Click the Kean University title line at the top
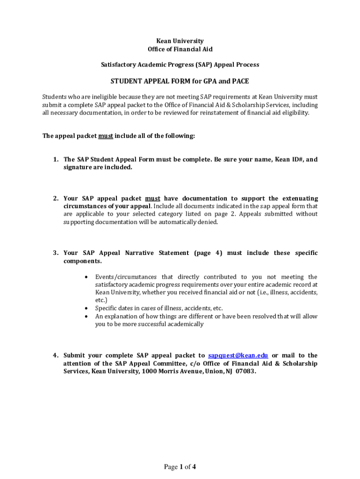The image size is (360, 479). (x=180, y=41)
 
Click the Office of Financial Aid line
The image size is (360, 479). (x=180, y=49)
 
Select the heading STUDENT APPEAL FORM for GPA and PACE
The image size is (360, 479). (x=180, y=81)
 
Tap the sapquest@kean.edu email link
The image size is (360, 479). (x=238, y=356)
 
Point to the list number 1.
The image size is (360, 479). (x=55, y=160)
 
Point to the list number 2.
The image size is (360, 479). (x=55, y=198)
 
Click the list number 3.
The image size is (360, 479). (x=55, y=253)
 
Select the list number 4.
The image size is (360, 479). (x=55, y=356)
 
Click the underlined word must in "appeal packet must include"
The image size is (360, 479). (x=105, y=136)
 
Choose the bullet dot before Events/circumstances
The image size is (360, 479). (x=86, y=277)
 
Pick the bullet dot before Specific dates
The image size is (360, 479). (x=86, y=308)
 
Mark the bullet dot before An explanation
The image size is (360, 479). (x=86, y=316)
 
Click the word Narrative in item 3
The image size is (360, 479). (x=139, y=253)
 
